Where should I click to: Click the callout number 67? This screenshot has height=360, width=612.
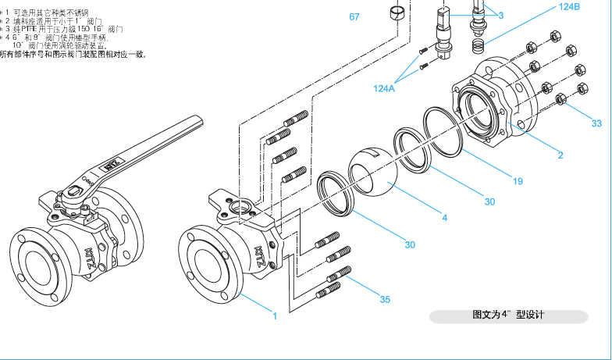point(354,16)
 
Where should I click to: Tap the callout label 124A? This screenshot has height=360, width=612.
point(383,88)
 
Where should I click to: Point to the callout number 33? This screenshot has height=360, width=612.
point(596,123)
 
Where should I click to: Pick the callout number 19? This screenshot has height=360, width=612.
point(518,181)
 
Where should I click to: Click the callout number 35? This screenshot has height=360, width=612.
point(385,298)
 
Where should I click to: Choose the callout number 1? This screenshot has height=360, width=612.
point(274,316)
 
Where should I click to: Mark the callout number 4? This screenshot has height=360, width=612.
point(445,217)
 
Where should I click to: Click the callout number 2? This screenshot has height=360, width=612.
point(560,155)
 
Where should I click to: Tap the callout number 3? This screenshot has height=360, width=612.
point(500,15)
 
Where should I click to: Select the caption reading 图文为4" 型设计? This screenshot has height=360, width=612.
point(507,315)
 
